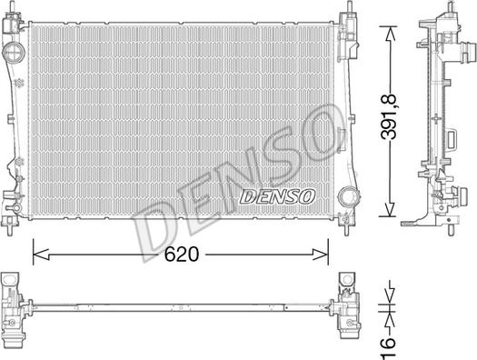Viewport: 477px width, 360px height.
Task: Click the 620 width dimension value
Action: tap(182, 255)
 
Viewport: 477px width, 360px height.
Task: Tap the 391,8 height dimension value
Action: tap(389, 117)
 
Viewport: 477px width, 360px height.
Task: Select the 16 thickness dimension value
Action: tap(388, 347)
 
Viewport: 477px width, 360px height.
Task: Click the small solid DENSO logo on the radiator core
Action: tap(277, 196)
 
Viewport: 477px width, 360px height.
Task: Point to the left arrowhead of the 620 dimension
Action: tap(41, 255)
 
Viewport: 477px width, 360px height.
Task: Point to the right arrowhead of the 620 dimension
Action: tap(320, 255)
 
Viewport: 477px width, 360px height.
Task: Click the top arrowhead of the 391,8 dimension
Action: tap(390, 34)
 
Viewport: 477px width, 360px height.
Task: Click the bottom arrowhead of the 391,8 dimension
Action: tap(390, 210)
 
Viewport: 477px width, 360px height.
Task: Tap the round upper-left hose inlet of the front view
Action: tap(13, 52)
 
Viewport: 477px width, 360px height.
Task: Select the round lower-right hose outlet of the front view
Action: tap(348, 196)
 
